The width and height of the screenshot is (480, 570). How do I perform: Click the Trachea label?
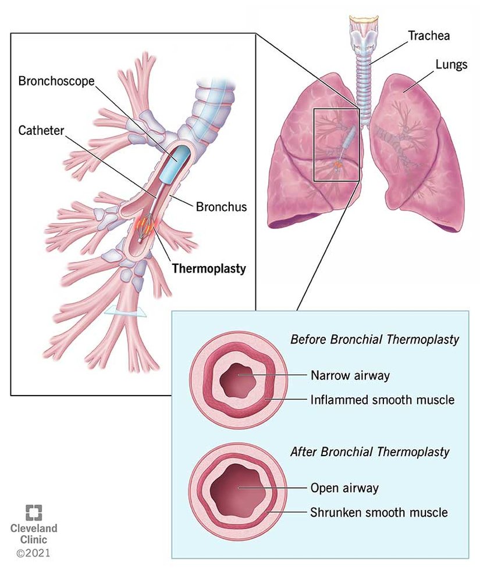click(428, 35)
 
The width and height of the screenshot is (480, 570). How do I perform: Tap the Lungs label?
click(451, 64)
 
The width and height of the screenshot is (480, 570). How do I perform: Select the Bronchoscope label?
click(56, 81)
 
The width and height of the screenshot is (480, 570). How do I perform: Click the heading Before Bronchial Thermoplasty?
click(375, 339)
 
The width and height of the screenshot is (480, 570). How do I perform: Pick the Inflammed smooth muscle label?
click(382, 400)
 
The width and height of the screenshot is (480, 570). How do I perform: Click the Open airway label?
click(344, 487)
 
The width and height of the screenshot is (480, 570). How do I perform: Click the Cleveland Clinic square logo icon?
click(34, 511)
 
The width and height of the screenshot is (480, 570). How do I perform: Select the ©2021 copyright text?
click(33, 553)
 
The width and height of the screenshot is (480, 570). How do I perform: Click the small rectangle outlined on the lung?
click(336, 144)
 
